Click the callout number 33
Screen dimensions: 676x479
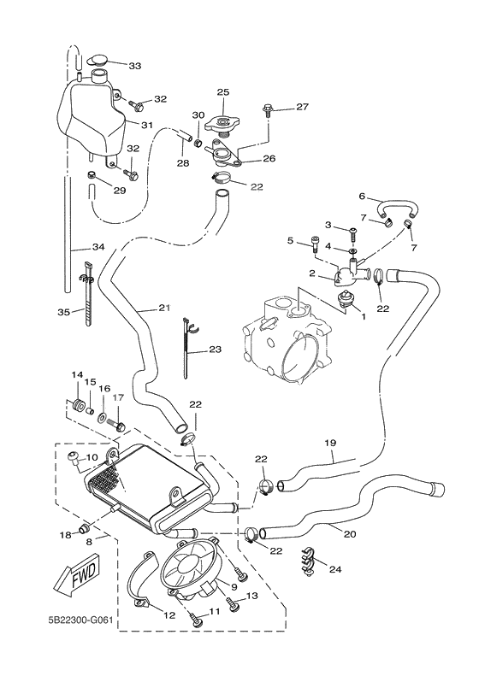pos(135,66)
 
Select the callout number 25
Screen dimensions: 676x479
pos(223,91)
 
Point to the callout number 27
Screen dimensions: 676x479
pos(302,107)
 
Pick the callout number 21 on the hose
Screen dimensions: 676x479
pos(165,308)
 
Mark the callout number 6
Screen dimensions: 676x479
pos(362,196)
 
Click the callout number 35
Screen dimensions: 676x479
pos(62,313)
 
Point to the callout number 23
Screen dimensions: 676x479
pos(214,349)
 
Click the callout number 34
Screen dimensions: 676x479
pos(98,247)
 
